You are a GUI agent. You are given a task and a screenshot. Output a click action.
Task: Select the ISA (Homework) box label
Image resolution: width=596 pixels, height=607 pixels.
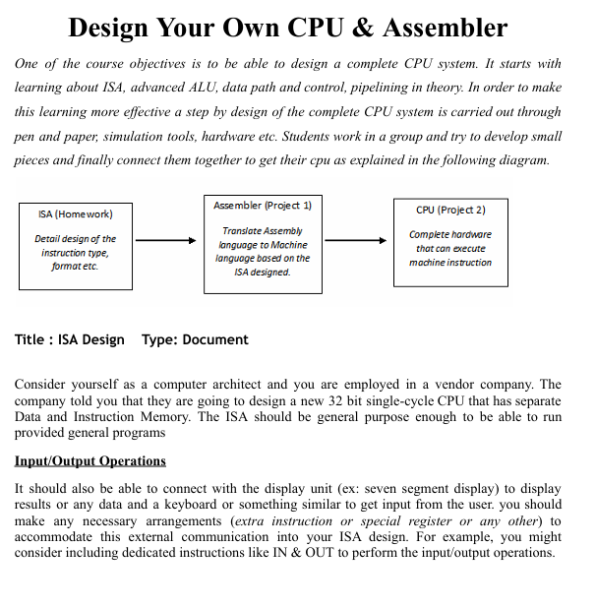pos(75,213)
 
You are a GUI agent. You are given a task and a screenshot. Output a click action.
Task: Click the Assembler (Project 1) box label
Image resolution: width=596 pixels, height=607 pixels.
pos(263,205)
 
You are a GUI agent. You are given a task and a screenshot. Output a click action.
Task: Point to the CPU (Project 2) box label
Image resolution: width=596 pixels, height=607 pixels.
pos(450,209)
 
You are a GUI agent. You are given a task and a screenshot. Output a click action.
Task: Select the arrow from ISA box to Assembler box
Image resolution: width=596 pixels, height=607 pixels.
pos(166,240)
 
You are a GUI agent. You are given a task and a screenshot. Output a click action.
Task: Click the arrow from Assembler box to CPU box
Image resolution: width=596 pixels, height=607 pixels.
pos(356,240)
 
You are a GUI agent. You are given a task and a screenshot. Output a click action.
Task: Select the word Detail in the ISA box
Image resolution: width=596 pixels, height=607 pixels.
pos(49,239)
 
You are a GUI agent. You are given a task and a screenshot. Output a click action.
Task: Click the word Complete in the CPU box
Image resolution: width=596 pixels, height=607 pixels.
pos(430,234)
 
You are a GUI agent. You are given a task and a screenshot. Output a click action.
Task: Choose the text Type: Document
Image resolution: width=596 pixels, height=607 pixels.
pos(195,339)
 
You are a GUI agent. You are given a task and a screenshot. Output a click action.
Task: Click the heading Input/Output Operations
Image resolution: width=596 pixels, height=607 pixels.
pos(90,461)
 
